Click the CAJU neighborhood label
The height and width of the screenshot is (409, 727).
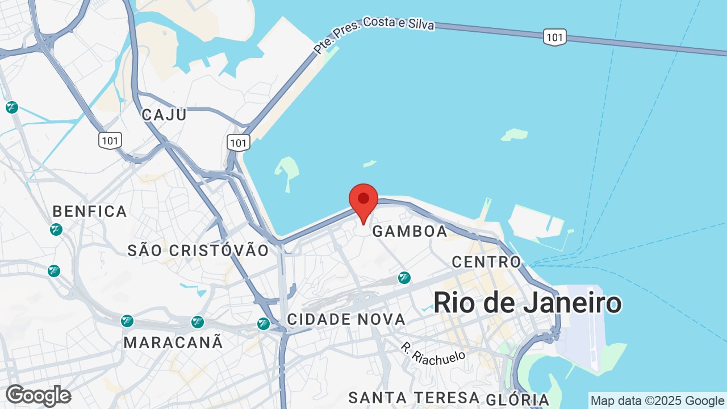coord(164,114)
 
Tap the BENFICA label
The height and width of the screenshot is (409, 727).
coord(90,212)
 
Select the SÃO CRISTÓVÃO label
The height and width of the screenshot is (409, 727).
coord(198,251)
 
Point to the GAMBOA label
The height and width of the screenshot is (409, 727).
coord(410,231)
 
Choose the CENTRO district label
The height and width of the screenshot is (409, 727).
coord(486,262)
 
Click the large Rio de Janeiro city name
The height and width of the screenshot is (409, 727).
coord(528,303)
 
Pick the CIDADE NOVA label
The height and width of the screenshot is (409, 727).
coord(346,319)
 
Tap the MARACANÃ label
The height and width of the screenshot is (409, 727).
coord(173,343)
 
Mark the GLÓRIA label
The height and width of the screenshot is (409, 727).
coord(518,399)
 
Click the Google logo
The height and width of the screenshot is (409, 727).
coord(39,395)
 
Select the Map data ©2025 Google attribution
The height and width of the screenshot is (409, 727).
coord(657,400)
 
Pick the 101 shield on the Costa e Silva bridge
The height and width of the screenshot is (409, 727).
coord(554,37)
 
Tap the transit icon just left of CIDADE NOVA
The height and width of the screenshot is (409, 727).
coord(264,324)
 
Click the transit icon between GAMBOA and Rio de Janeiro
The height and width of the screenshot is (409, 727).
coord(404,278)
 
